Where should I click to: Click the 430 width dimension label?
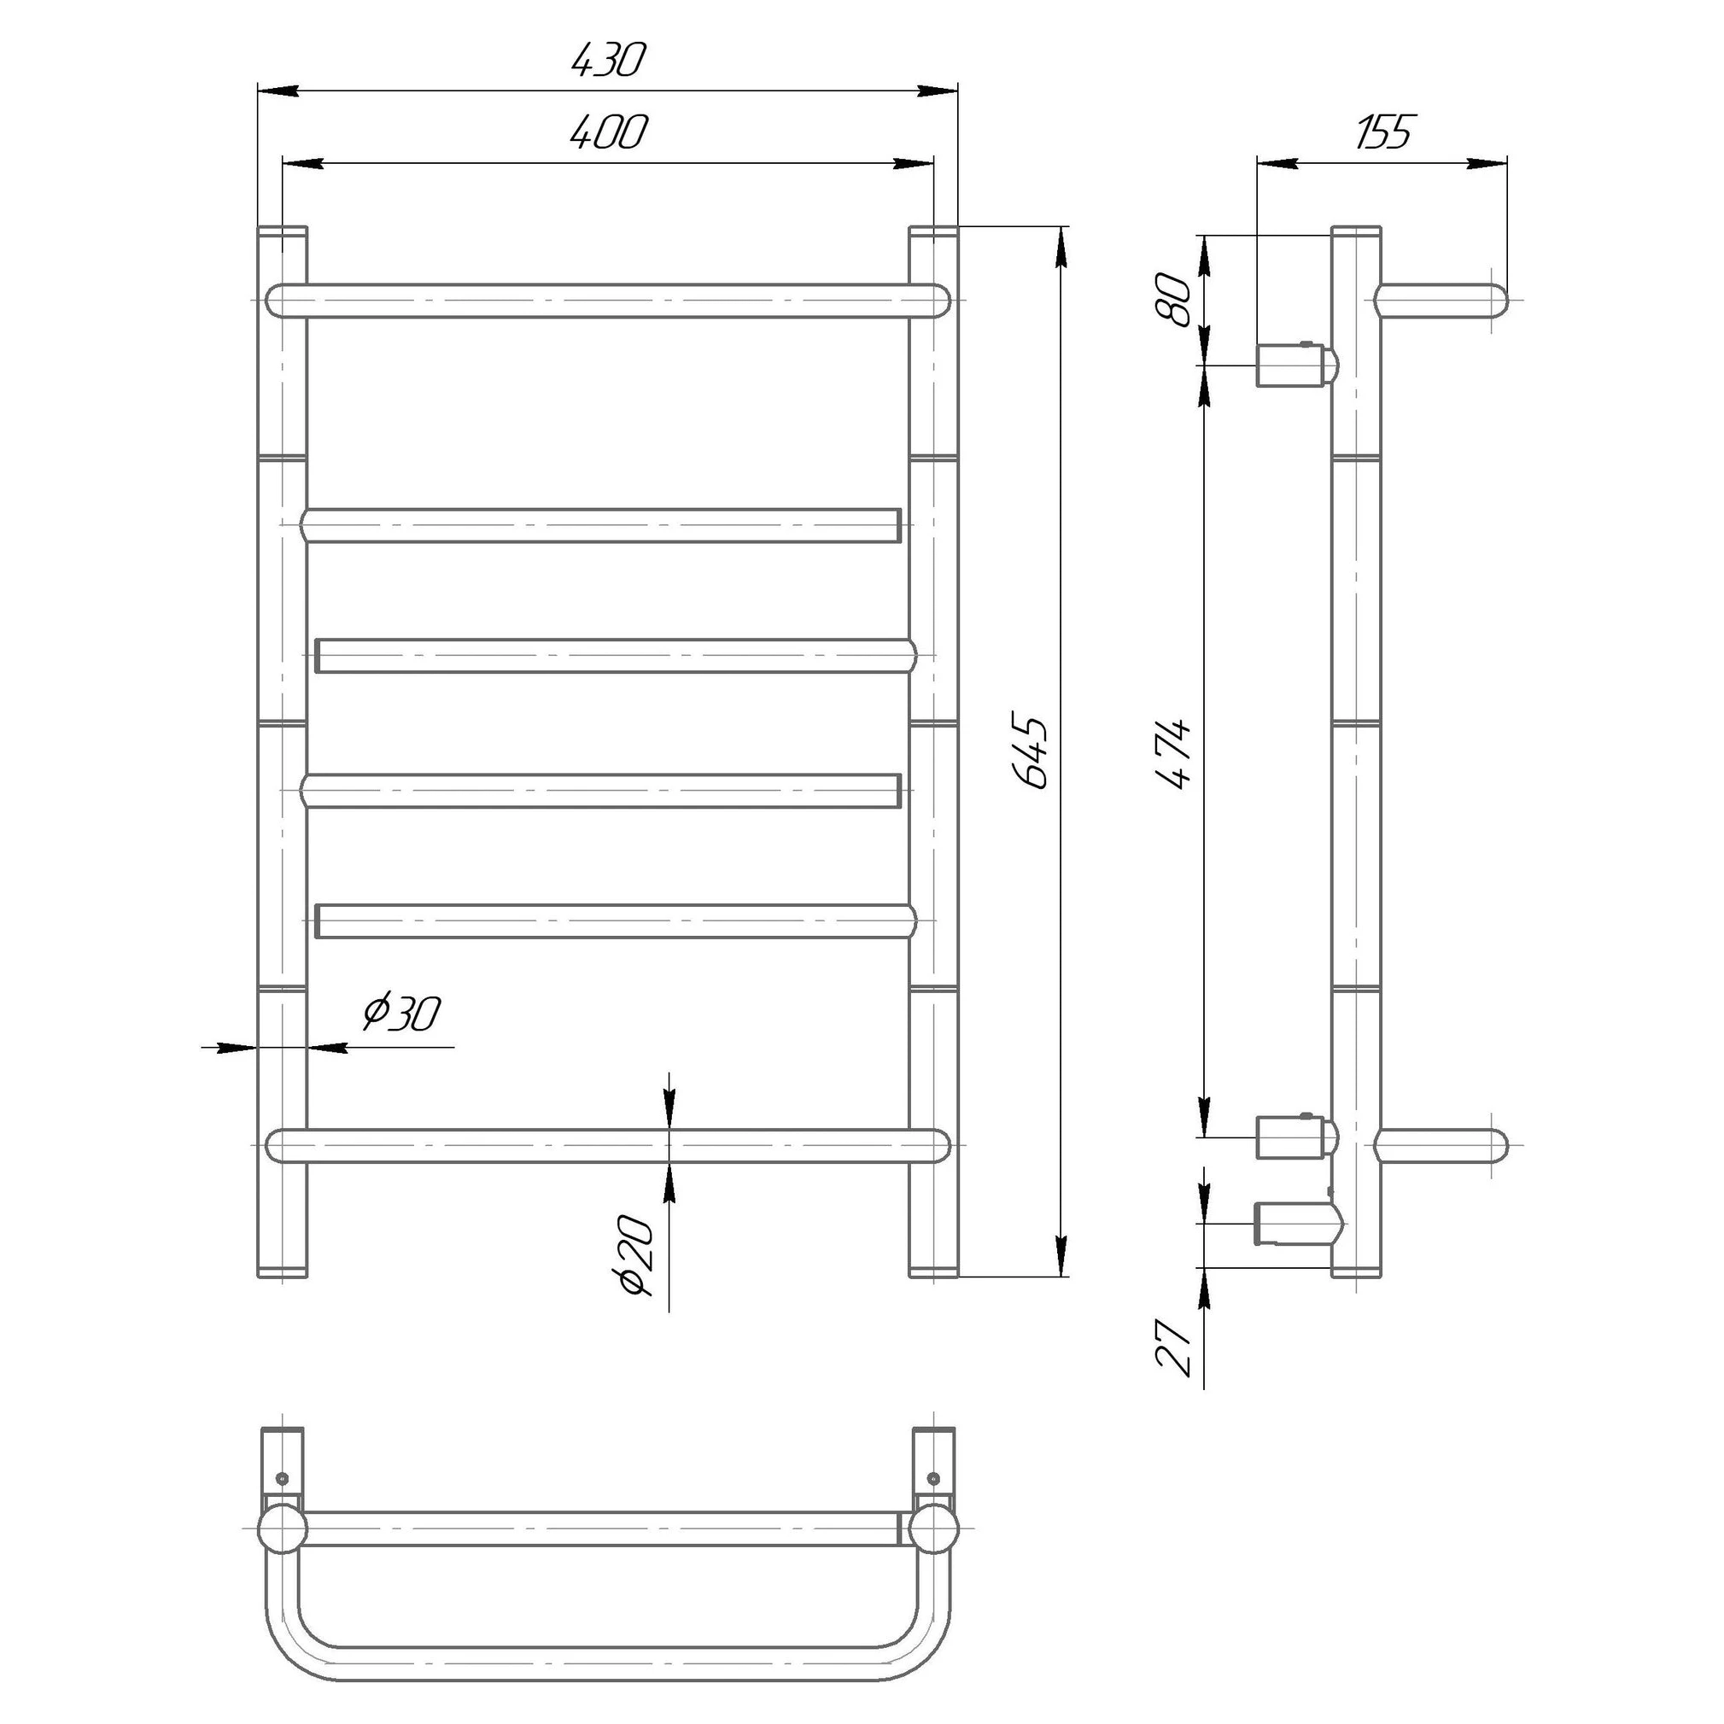coord(607,60)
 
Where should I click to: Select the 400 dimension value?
coord(610,132)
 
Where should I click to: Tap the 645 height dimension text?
coord(1031,751)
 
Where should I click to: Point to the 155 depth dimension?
coord(1384,132)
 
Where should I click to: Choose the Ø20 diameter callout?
coord(638,1254)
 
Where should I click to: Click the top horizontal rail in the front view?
coord(608,301)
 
